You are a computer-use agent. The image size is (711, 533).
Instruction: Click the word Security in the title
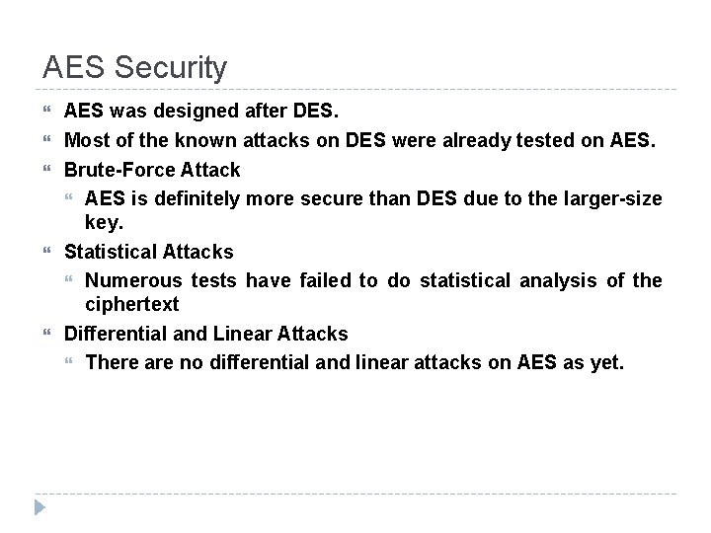(171, 67)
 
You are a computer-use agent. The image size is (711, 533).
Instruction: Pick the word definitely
(185, 198)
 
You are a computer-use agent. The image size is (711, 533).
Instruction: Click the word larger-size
(612, 198)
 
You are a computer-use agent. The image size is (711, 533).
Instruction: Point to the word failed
(322, 280)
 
